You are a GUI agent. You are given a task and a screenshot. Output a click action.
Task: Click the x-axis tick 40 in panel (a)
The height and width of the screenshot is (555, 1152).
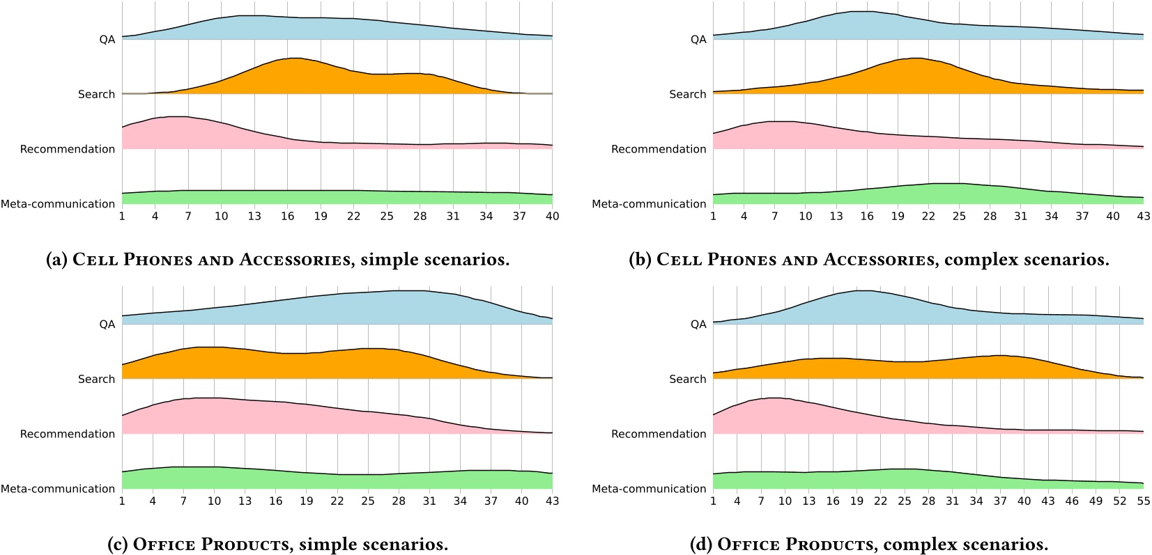click(x=552, y=217)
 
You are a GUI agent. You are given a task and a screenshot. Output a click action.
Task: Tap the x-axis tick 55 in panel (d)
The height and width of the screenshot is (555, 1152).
click(x=1143, y=501)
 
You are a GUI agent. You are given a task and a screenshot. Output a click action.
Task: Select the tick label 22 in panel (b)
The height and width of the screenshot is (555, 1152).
click(x=928, y=217)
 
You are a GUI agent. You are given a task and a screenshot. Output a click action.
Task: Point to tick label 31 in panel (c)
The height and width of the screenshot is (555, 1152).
click(x=429, y=501)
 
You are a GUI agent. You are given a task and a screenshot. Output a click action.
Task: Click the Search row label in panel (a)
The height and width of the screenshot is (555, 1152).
click(x=96, y=94)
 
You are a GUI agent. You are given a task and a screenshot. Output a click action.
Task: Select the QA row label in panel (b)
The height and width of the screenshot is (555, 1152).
click(x=698, y=40)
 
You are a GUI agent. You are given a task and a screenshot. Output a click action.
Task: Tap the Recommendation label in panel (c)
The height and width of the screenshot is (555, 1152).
click(x=68, y=434)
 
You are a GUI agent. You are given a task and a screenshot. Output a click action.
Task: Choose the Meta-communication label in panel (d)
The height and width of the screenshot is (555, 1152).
click(x=649, y=489)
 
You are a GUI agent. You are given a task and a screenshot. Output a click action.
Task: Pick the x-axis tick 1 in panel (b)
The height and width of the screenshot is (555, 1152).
click(x=713, y=217)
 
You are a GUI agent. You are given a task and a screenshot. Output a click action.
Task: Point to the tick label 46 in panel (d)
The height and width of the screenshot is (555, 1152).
click(x=1072, y=501)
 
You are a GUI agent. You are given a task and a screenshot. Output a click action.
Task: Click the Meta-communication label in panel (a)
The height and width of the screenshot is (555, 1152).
click(x=58, y=204)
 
